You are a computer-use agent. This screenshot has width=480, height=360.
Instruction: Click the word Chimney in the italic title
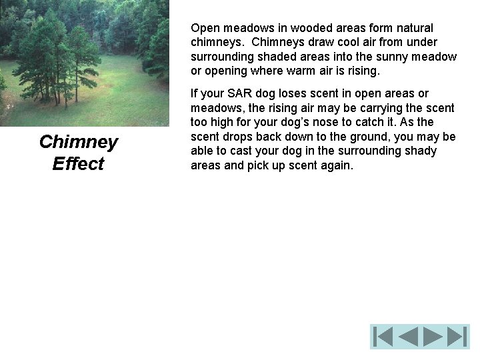(x=79, y=142)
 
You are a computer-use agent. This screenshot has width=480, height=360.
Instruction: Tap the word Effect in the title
(x=78, y=164)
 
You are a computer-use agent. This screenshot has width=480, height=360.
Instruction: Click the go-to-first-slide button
(x=383, y=337)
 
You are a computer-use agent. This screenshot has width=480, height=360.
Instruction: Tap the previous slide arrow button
(x=407, y=337)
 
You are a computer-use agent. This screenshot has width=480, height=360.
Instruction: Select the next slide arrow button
(x=433, y=337)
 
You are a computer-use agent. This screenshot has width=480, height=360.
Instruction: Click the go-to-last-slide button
(x=457, y=337)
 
